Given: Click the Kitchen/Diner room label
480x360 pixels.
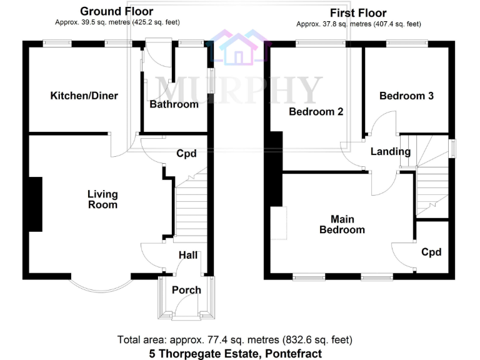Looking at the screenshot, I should point(84,96).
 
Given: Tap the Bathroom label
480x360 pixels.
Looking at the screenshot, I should point(174,104).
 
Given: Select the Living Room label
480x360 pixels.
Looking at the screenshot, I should point(102,199).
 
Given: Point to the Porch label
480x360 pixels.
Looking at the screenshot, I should point(186,290).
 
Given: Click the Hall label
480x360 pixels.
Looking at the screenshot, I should point(188,255).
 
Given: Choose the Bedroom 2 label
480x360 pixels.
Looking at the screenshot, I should point(316,112).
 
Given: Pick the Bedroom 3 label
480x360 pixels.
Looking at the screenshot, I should point(406,96).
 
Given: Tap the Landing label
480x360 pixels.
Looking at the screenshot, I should point(390,152).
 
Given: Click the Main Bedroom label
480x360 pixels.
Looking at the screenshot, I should point(342,224).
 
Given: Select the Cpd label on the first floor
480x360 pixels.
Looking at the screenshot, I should point(431,252).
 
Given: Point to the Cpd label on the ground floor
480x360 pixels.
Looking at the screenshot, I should point(186,154).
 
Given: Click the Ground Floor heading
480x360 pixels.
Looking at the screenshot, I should point(117,11).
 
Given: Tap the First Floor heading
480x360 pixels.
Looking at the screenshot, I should point(358,13).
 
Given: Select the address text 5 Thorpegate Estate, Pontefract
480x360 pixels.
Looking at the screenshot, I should point(236,353).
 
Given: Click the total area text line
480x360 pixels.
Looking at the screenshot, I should point(235,340).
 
